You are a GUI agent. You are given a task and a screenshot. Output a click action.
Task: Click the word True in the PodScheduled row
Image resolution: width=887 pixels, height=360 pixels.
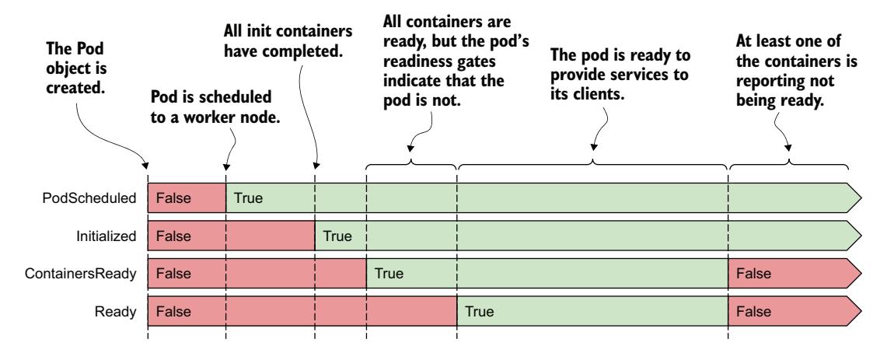(249, 199)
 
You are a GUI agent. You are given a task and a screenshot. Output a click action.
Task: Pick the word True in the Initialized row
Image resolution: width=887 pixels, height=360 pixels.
(337, 236)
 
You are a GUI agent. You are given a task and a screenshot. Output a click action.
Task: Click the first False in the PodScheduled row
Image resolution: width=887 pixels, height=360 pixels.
(172, 199)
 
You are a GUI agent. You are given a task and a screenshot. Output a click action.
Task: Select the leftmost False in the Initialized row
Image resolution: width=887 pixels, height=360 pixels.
(172, 236)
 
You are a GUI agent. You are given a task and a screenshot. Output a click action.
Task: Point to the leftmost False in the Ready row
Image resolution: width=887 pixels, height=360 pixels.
(172, 313)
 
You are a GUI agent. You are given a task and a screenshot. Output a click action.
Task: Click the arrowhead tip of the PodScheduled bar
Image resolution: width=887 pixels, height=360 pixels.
(861, 199)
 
